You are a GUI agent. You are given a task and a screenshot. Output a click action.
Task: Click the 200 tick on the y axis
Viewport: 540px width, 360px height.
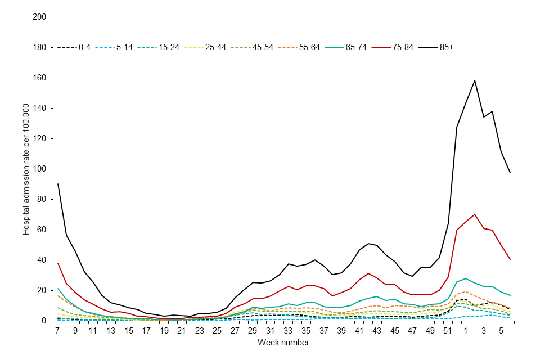coord(39,17)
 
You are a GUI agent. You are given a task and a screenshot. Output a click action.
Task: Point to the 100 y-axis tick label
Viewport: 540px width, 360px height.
coord(39,169)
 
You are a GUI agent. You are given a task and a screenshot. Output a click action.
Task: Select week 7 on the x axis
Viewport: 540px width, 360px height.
coord(58,330)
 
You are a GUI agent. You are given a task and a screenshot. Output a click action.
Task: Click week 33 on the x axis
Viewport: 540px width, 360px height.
coord(289,330)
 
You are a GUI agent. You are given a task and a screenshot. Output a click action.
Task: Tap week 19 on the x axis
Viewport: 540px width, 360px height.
coord(164,330)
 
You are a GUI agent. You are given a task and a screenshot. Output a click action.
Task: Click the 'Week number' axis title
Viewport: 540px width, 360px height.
coord(283,342)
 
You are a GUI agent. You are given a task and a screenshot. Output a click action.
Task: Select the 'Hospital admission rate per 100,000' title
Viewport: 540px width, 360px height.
coord(26,169)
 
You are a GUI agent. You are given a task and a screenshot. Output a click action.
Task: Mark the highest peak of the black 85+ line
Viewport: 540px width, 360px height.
coord(475,80)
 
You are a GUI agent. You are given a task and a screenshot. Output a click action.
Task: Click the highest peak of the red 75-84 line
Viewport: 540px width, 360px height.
coord(475,214)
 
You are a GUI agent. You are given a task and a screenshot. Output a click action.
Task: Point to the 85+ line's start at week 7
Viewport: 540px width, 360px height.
coord(58,184)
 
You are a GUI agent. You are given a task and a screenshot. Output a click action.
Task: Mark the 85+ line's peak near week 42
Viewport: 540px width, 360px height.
coord(368,244)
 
